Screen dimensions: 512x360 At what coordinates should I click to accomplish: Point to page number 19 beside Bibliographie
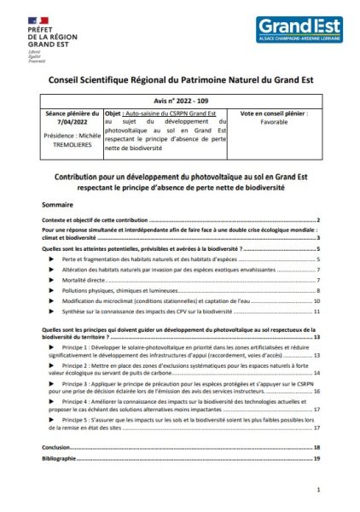[x=316, y=458]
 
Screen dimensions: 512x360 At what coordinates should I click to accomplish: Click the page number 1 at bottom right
[x=317, y=491]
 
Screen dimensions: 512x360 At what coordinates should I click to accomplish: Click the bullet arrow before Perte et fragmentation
[x=53, y=258]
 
